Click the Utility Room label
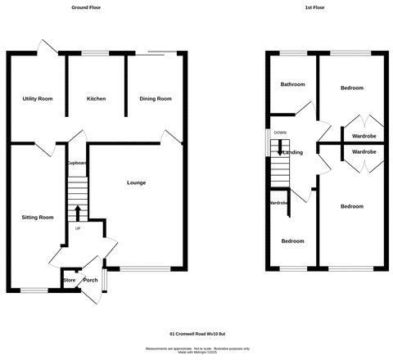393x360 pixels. point(38,99)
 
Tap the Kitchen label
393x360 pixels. point(96,99)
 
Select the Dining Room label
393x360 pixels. point(156,99)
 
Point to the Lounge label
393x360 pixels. point(137,182)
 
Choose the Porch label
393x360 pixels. point(90,281)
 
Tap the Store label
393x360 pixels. point(69,281)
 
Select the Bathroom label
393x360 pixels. point(292,85)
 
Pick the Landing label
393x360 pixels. point(293,152)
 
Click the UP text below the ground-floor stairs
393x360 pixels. point(77,228)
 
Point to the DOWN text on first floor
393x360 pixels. point(280,133)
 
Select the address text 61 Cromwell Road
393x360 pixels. point(196,335)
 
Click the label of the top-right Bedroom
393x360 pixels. point(352,88)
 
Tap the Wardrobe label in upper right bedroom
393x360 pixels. point(364,136)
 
